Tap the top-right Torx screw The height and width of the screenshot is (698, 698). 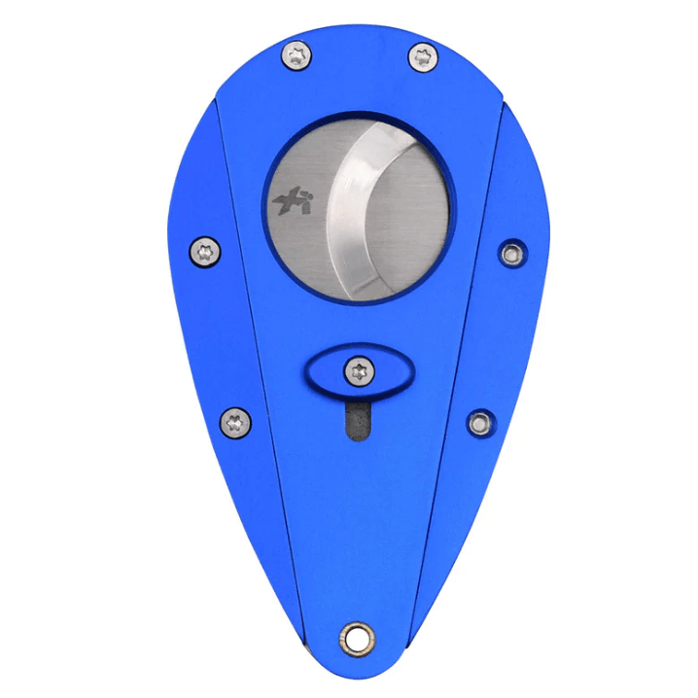(x=423, y=56)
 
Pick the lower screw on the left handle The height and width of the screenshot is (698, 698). (x=235, y=421)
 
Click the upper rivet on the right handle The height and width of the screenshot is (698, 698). (x=510, y=254)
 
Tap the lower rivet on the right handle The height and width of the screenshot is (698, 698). (x=478, y=422)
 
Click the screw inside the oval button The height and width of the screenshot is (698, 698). (x=360, y=369)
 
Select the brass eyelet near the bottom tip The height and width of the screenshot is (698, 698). (x=356, y=638)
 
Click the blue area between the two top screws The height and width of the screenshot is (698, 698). (x=360, y=58)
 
